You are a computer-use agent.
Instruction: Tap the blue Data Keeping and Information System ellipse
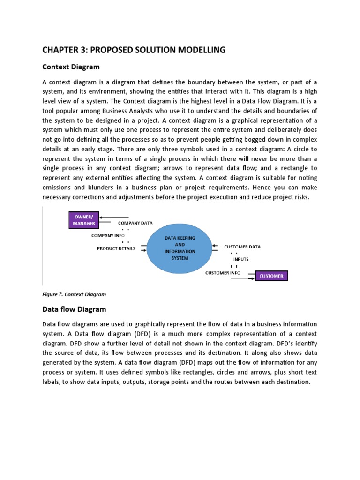tap(180, 248)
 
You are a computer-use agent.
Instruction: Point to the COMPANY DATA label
tap(135, 224)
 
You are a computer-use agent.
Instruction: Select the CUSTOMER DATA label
tap(242, 246)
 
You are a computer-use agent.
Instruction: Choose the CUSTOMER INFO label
tap(223, 272)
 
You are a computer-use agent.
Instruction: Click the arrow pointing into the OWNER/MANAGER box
tap(112, 217)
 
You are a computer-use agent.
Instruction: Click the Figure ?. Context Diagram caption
tap(74, 294)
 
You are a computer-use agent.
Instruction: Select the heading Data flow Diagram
tap(74, 309)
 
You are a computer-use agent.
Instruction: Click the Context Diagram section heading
tap(71, 67)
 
